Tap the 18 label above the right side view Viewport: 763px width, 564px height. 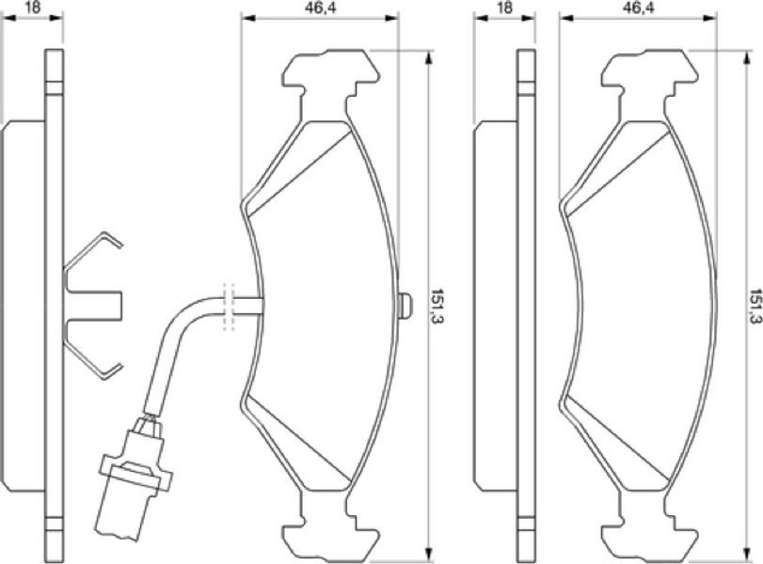coord(504,8)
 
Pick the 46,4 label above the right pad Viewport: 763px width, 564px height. coord(639,8)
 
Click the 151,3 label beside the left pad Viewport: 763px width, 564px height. coord(441,306)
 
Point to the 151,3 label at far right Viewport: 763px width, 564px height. coord(756,306)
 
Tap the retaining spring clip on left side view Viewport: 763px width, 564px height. coord(92,305)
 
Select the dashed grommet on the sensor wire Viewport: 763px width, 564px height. coord(229,306)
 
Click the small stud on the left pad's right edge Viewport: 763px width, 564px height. coord(405,306)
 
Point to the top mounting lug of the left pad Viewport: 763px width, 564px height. coord(331,73)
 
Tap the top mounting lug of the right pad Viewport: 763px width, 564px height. coord(650,73)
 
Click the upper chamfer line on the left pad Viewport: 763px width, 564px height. coord(299,173)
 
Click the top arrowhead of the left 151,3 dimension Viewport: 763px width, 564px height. coord(428,58)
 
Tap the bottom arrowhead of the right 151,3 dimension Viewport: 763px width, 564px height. coord(747,554)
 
